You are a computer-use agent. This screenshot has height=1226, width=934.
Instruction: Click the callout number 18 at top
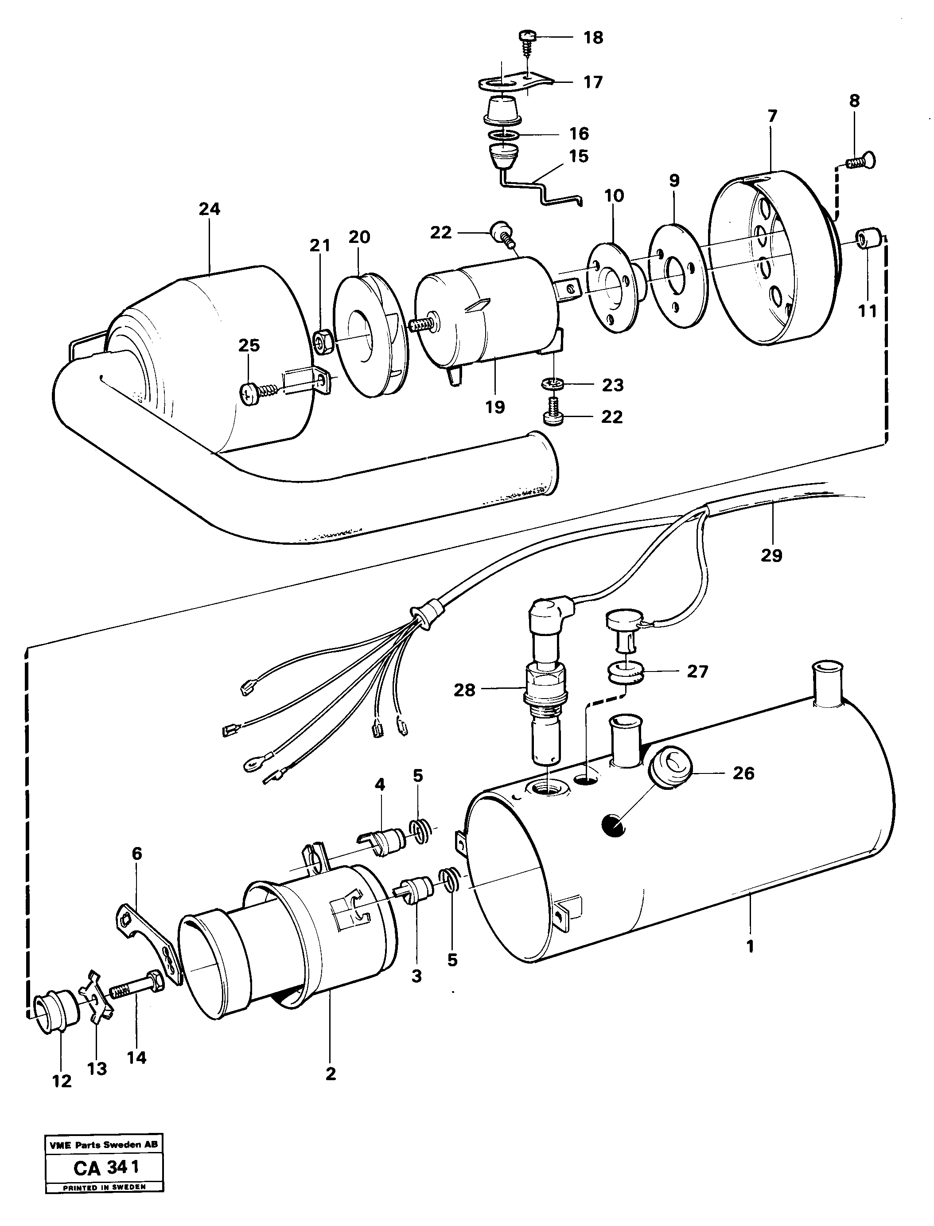pos(593,38)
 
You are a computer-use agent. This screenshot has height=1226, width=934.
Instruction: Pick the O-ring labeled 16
pos(505,135)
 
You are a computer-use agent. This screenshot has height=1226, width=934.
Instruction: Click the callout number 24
pos(210,210)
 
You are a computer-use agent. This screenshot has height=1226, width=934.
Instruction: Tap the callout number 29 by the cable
pos(771,555)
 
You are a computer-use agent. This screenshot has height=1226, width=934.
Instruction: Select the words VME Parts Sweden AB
pos(103,1145)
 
